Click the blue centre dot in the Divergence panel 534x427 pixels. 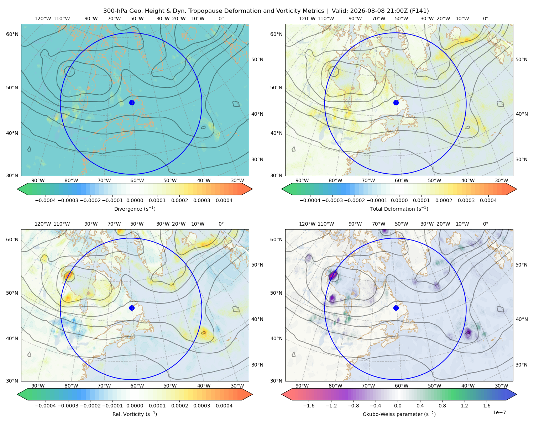132,102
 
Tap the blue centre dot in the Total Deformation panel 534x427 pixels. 396,102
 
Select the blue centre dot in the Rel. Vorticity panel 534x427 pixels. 132,308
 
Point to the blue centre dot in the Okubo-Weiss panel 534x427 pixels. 396,308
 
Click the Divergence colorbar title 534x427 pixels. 135,209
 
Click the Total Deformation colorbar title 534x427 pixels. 399,209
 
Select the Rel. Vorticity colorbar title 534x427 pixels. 135,414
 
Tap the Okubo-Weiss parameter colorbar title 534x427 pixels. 399,414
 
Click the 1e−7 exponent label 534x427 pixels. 499,412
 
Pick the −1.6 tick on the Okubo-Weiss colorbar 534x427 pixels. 309,406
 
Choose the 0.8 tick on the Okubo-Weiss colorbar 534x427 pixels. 442,406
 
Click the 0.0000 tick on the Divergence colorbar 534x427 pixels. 135,200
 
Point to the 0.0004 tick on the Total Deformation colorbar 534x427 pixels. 488,200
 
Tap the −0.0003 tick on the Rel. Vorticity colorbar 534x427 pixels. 68,406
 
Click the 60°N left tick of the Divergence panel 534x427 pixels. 12,34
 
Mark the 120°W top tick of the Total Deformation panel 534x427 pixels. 307,19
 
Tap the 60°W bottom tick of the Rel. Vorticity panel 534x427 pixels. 137,386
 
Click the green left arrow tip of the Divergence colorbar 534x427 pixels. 17,189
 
